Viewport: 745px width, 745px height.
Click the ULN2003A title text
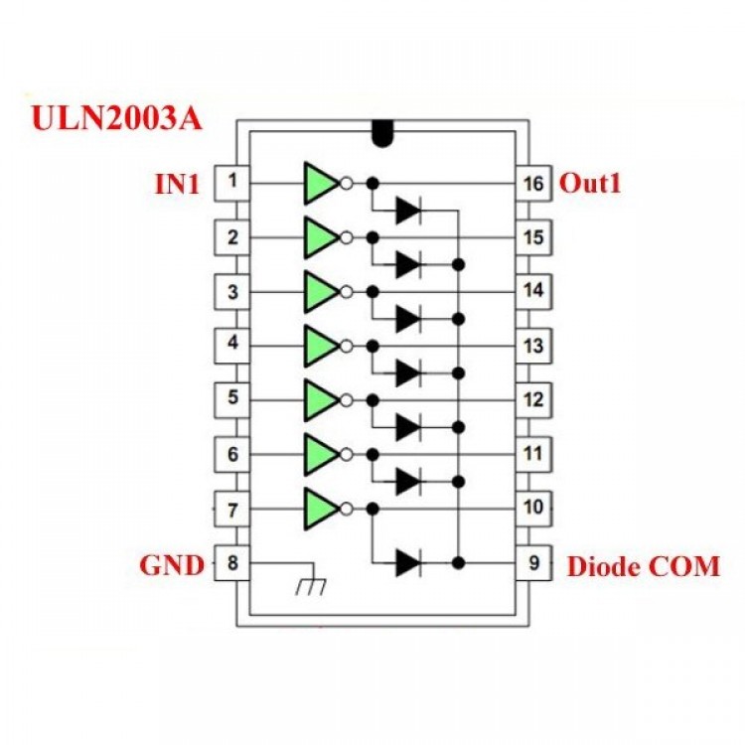(117, 118)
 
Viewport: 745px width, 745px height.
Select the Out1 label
(590, 184)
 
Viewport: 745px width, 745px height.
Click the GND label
(171, 566)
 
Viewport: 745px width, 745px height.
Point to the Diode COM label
(643, 567)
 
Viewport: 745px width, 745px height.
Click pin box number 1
(231, 183)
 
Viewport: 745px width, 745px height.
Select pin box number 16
(533, 184)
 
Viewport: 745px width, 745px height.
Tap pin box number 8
(231, 563)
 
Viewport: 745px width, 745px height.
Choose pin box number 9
(533, 563)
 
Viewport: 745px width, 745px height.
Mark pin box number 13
(533, 346)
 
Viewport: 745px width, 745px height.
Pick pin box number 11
(533, 454)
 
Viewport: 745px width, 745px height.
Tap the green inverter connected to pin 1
(321, 183)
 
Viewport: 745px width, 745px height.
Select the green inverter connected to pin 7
(321, 508)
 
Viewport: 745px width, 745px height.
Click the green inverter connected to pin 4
(321, 346)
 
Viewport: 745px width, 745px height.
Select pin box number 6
(231, 454)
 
